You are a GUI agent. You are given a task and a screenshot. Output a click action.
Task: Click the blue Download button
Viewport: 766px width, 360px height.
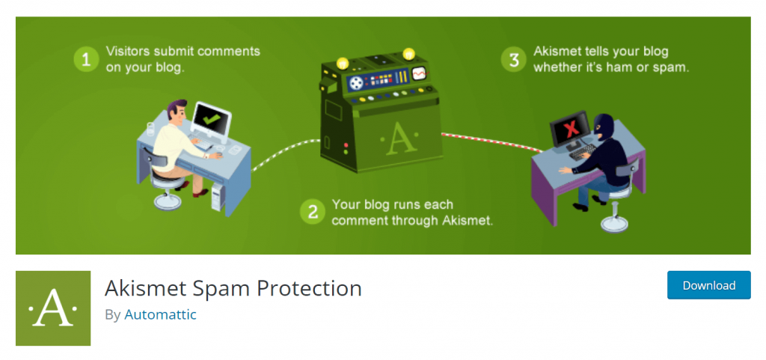tap(708, 284)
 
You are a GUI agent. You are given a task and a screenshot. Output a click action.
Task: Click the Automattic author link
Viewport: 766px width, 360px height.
tap(160, 314)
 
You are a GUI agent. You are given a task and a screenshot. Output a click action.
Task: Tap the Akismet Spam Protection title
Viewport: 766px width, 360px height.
tap(233, 288)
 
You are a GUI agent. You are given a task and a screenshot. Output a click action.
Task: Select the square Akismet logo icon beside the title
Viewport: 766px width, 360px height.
tap(53, 308)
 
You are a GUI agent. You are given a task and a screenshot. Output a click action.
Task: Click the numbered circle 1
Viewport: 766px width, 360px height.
tap(86, 59)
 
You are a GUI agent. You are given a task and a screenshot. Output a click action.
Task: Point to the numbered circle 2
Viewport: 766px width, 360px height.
tap(313, 212)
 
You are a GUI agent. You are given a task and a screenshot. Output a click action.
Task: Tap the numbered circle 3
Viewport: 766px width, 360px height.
tap(513, 60)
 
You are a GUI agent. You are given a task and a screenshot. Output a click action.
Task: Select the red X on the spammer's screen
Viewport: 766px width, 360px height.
tap(569, 129)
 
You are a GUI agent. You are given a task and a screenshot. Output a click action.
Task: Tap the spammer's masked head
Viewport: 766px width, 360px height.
tap(604, 127)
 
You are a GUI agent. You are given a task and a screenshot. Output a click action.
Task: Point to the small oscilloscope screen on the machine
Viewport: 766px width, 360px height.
tap(418, 73)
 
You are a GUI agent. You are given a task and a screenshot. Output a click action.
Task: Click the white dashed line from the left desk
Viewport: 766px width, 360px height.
tap(285, 154)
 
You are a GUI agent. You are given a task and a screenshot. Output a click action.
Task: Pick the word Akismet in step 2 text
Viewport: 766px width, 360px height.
tap(468, 220)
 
